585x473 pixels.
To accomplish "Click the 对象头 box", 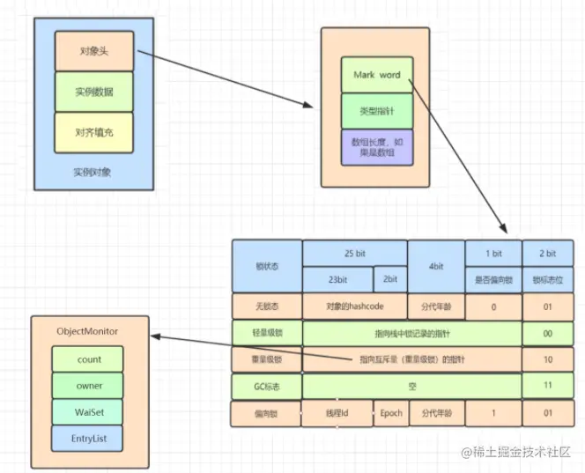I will click(x=93, y=50).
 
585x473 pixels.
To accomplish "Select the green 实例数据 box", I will click(x=93, y=92).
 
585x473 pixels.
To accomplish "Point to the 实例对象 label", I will click(x=93, y=172).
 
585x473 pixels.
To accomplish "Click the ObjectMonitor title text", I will click(x=87, y=330).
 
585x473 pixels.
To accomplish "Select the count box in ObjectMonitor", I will click(x=89, y=359).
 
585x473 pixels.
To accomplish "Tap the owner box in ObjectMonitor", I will click(x=89, y=385).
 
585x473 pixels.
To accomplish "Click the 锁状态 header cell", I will click(x=266, y=266).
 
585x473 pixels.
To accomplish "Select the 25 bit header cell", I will click(x=354, y=253).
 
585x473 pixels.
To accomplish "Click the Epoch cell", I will click(x=390, y=413).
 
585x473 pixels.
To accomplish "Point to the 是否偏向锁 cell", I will click(x=493, y=279).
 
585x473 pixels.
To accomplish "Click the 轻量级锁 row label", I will click(x=266, y=333).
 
